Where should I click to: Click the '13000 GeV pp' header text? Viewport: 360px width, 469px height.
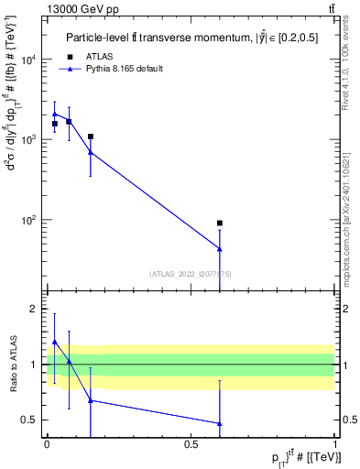coord(79,9)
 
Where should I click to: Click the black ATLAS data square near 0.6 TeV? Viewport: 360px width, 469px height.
coord(220,223)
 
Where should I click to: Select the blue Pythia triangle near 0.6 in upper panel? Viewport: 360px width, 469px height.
coord(220,248)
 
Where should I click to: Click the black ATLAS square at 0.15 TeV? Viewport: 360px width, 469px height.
coord(90,136)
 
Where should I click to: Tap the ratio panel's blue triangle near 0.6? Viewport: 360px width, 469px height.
coord(220,423)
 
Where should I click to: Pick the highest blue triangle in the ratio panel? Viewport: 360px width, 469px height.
coord(54,342)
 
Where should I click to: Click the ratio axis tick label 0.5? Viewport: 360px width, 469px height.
coord(31,420)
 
